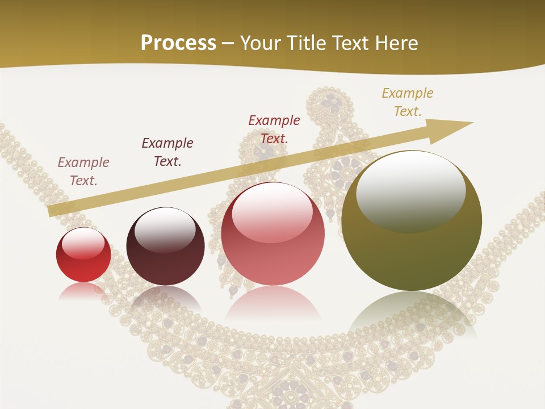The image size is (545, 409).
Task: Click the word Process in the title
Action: click(x=178, y=43)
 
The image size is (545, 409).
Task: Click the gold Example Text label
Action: click(x=407, y=102)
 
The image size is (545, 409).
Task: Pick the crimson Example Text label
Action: click(x=274, y=129)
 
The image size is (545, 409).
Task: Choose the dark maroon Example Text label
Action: click(x=167, y=152)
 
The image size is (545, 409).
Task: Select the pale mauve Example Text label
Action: click(x=83, y=171)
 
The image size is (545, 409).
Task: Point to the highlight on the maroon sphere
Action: click(x=165, y=229)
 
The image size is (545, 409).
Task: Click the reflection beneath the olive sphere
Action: click(x=412, y=312)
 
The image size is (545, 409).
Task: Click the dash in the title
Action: click(x=228, y=43)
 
